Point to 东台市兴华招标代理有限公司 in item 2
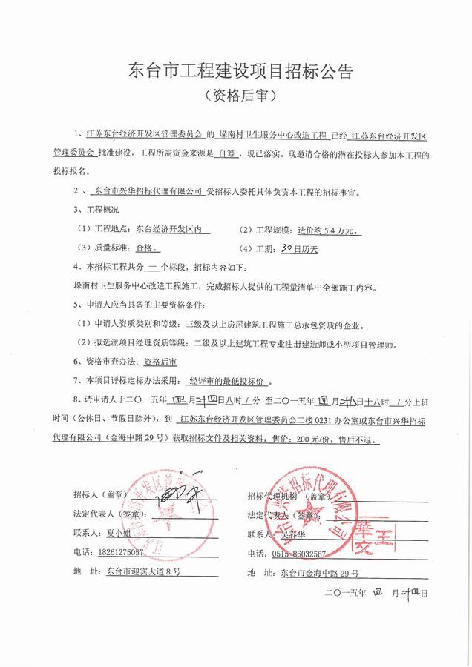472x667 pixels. coord(151,190)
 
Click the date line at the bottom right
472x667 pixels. coord(376,593)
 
